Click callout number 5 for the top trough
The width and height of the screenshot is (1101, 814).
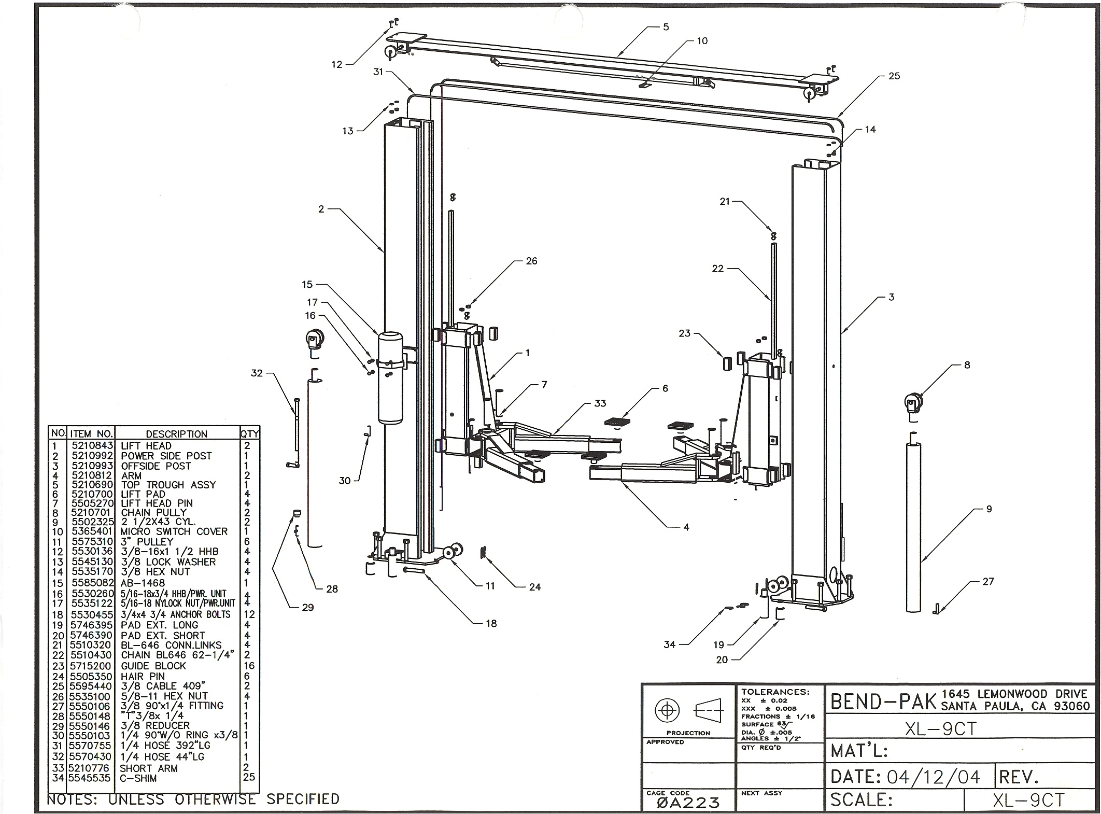pyautogui.click(x=666, y=27)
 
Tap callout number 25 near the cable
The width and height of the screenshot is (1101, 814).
pyautogui.click(x=894, y=76)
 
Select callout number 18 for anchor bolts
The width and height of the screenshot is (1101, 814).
pyautogui.click(x=491, y=624)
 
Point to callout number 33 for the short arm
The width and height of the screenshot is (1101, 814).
pyautogui.click(x=600, y=403)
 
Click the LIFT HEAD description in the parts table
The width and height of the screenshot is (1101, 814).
pyautogui.click(x=146, y=446)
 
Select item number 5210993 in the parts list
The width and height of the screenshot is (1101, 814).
pyautogui.click(x=92, y=466)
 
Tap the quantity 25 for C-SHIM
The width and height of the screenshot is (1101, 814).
pyautogui.click(x=249, y=778)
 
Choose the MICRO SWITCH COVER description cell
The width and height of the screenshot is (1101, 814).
pyautogui.click(x=174, y=532)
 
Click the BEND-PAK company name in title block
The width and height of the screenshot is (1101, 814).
pyautogui.click(x=883, y=701)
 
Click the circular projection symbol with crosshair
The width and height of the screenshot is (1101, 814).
pyautogui.click(x=667, y=710)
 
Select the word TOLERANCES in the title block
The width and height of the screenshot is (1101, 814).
pyautogui.click(x=775, y=692)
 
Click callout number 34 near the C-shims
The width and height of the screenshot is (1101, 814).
pyautogui.click(x=670, y=644)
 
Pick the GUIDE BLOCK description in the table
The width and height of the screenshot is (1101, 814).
pyautogui.click(x=153, y=666)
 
